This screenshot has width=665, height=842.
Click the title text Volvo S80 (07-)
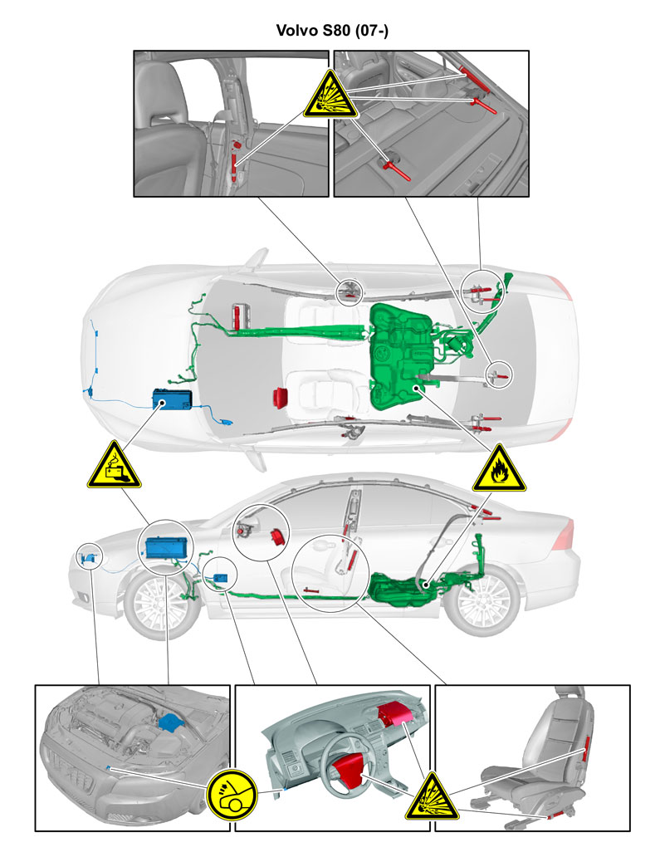(x=332, y=30)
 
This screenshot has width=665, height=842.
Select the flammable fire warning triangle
(x=499, y=470)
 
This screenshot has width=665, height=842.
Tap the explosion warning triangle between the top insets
(x=330, y=95)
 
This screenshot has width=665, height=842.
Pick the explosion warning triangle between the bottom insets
(x=432, y=797)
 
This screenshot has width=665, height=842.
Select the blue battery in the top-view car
(x=173, y=399)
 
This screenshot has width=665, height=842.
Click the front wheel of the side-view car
(x=160, y=605)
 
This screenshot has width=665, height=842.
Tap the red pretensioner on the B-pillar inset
(x=234, y=161)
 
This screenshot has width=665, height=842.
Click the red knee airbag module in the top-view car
(x=280, y=398)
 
